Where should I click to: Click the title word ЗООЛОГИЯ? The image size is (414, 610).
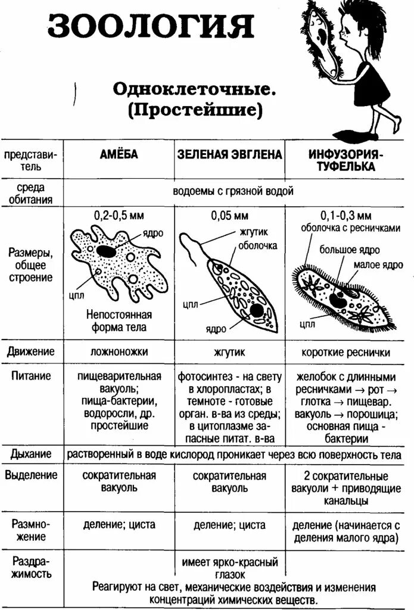151,27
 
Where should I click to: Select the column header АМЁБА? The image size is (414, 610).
119,155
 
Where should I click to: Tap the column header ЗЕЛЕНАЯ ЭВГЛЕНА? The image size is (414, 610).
229,155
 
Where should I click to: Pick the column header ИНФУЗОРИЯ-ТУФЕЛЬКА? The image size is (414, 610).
345,160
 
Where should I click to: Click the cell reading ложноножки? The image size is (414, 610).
119,352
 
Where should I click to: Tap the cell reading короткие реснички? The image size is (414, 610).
345,353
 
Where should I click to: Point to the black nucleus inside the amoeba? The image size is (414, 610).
107,251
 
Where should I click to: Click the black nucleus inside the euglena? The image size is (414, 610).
256,310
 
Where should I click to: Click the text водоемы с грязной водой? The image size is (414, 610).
233,191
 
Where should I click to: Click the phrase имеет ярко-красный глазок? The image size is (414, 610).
229,568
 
